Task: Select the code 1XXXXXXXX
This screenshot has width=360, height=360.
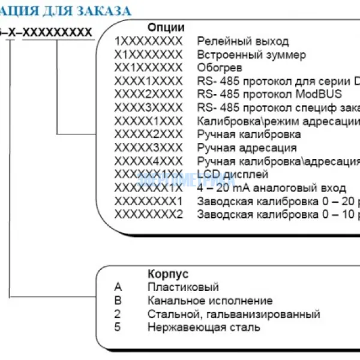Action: [x=148, y=41]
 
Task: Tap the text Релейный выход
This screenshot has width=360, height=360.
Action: [x=242, y=41]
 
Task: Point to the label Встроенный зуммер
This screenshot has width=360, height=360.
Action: [x=251, y=55]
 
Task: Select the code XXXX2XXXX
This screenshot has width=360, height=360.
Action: [x=148, y=94]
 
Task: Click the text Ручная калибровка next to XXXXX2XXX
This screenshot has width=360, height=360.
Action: [x=248, y=134]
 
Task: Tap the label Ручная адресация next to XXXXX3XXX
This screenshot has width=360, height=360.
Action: [x=246, y=147]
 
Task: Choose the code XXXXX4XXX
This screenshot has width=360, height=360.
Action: [x=148, y=160]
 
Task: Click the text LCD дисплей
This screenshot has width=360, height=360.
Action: [x=232, y=174]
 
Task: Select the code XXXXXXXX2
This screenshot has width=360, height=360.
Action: [x=148, y=214]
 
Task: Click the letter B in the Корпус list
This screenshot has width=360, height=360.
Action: [x=118, y=301]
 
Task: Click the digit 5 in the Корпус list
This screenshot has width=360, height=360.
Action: [x=118, y=327]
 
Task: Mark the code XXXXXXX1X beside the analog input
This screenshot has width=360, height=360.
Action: [x=148, y=187]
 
